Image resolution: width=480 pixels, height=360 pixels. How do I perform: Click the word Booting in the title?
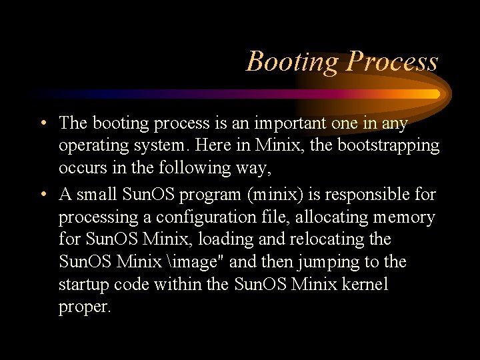click(x=292, y=61)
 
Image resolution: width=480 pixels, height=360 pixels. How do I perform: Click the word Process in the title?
click(x=392, y=61)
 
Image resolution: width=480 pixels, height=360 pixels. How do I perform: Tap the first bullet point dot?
click(x=43, y=123)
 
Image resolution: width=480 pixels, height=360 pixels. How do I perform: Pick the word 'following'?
click(x=183, y=167)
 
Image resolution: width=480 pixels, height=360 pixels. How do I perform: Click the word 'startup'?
click(x=83, y=284)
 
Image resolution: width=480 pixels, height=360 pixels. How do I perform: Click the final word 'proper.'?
click(x=85, y=306)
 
